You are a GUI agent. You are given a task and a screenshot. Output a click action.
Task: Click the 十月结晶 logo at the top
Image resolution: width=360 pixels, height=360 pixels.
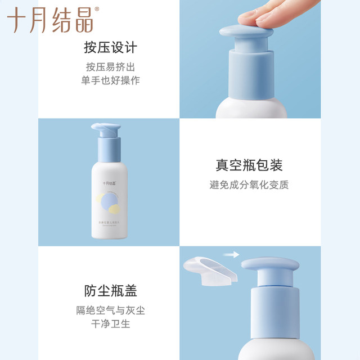click(x=50, y=20)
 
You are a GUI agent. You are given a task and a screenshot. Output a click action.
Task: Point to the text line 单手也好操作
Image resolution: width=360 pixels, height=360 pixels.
click(x=110, y=80)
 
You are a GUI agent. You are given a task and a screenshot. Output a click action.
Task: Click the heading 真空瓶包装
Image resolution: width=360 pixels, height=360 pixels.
click(x=249, y=165)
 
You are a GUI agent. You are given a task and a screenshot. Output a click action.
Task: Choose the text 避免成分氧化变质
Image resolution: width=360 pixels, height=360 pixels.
click(x=249, y=184)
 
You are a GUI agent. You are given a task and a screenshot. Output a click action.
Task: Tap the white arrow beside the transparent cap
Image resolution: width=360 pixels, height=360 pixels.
click(x=231, y=255)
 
